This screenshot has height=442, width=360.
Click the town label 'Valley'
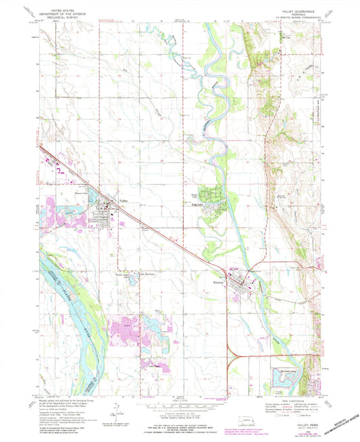[x=124, y=200]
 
